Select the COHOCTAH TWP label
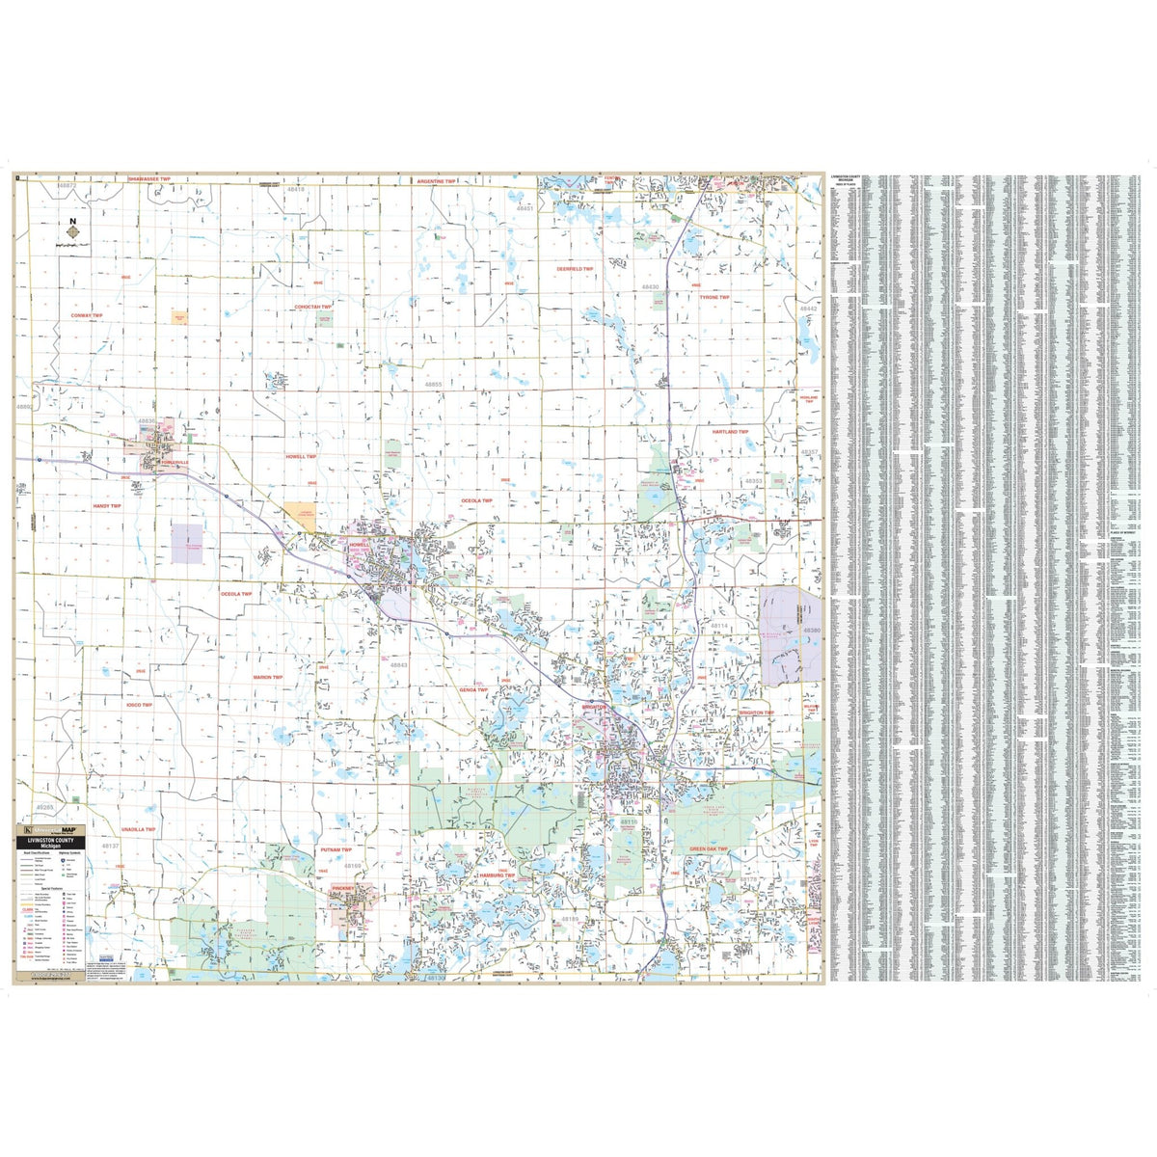coord(313,307)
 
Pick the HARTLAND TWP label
coord(730,432)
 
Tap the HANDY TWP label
coord(107,505)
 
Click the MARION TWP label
coord(268,677)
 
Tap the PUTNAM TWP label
coord(337,849)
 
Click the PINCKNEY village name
coord(344,887)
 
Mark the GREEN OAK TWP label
coord(709,849)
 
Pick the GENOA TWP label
coord(474,662)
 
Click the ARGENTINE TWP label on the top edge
coord(443,180)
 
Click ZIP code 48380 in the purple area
coord(810,631)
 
